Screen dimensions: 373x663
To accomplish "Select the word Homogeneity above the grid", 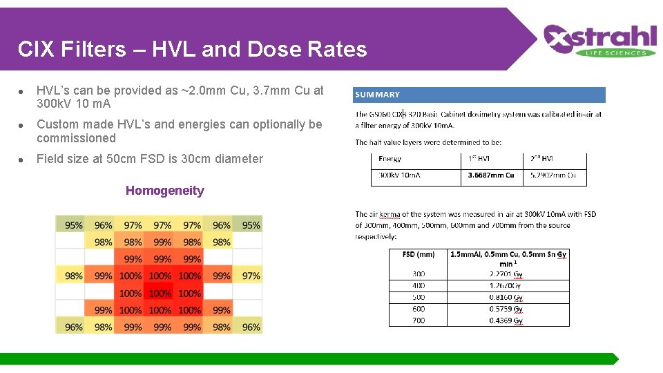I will tap(165, 191).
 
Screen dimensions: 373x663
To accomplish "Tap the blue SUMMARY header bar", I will tap(479, 95).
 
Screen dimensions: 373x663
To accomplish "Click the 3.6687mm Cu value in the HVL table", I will tap(491, 175).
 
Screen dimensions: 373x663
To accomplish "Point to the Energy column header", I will tap(390, 159).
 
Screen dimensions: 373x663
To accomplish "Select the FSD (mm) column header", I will tap(419, 254).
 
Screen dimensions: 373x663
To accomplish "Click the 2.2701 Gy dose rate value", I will tap(506, 274).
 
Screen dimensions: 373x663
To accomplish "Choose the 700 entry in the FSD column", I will tap(419, 321).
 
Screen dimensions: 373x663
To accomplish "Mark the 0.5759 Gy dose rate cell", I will tap(506, 309).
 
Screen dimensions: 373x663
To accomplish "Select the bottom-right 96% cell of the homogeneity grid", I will tap(251, 327).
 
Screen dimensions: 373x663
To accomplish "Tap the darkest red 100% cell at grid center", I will tap(160, 294).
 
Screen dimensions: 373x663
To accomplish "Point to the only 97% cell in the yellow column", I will tap(251, 276).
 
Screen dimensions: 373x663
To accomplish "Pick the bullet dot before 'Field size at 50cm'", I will tap(23, 160).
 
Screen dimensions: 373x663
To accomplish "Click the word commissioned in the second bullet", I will tap(76, 138).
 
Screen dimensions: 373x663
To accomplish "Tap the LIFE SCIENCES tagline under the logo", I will tap(619, 53).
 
